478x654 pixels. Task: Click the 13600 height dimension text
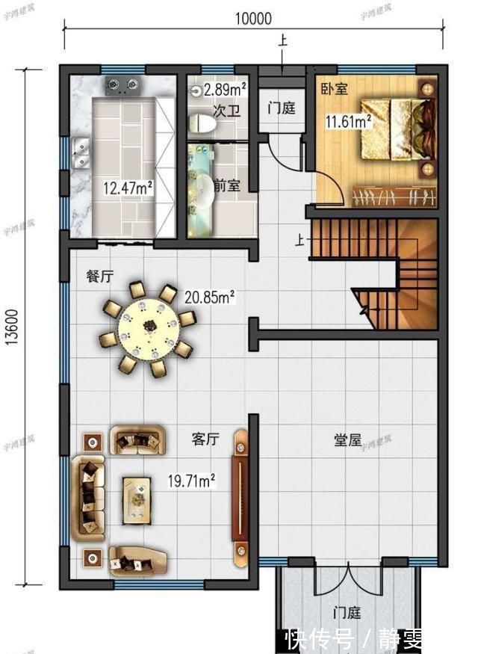coord(16,325)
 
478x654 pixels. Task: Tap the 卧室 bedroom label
coord(334,89)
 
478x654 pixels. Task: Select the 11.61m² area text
coord(347,120)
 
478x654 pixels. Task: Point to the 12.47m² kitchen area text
coord(128,188)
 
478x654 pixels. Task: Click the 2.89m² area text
coord(226,90)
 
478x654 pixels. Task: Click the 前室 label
coord(226,185)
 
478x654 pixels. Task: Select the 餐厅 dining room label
coord(99,276)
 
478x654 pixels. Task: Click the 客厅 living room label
coord(205,439)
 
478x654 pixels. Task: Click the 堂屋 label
coord(347,441)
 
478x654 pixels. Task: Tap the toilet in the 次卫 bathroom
coord(201,123)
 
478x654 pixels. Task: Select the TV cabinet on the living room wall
coord(240,495)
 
